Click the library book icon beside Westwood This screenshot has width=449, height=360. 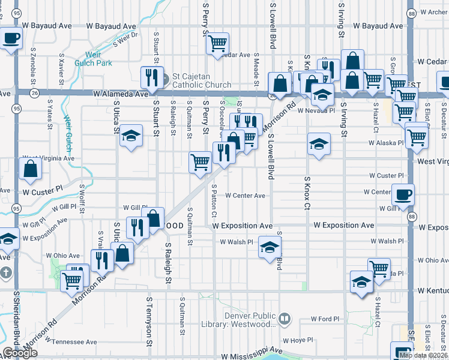pyautogui.click(x=285, y=319)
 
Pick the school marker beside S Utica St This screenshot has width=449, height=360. pyautogui.click(x=130, y=137)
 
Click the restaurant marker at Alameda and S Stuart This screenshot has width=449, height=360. pyautogui.click(x=151, y=78)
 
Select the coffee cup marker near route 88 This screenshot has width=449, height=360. pyautogui.click(x=403, y=195)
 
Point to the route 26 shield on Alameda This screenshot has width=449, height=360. pyautogui.click(x=35, y=93)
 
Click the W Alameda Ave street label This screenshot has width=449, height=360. pyautogui.click(x=120, y=94)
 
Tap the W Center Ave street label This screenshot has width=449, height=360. pyautogui.click(x=245, y=196)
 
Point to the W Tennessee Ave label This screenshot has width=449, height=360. pyautogui.click(x=70, y=342)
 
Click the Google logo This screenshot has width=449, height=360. pyautogui.click(x=19, y=353)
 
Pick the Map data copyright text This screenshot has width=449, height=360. pyautogui.click(x=423, y=355)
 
